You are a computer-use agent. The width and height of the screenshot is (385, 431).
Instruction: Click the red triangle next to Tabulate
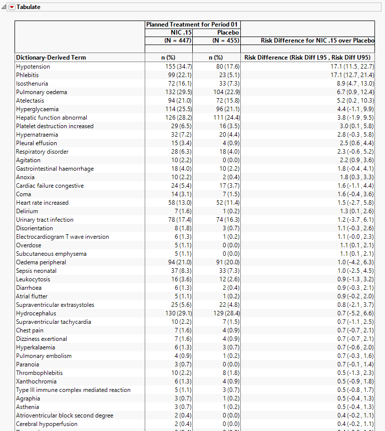tap(12, 7)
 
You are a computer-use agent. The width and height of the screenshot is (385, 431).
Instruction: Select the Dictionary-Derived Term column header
tap(51, 58)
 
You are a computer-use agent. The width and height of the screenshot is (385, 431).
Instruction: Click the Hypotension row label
tap(33, 67)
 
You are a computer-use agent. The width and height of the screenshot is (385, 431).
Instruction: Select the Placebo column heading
tap(228, 33)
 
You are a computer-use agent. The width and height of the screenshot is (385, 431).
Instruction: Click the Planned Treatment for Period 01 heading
tap(192, 25)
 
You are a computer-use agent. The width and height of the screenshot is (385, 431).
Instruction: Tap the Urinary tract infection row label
tap(45, 220)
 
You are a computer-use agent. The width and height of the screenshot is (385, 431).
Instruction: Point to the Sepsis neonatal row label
tap(36, 271)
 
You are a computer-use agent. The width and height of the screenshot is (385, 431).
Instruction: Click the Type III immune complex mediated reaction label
tap(73, 390)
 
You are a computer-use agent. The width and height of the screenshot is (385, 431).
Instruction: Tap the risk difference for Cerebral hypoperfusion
tap(356, 424)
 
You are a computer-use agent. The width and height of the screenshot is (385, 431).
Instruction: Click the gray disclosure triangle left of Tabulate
tap(4, 7)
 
